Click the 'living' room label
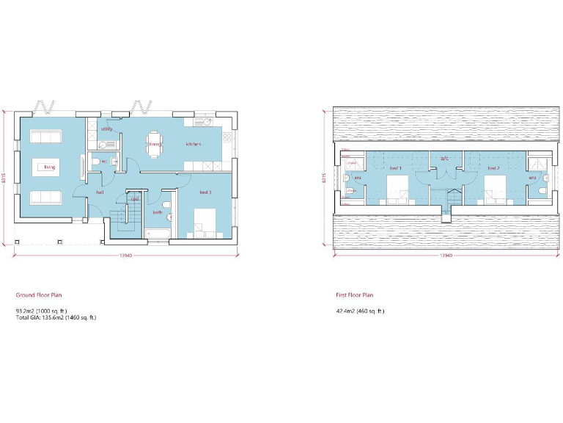point(49,167)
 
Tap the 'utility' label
point(107,129)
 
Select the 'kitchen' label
point(193,144)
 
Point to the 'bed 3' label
point(205,192)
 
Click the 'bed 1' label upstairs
point(396,167)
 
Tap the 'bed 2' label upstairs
point(493,167)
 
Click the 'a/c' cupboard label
point(444,159)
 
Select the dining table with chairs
point(154,140)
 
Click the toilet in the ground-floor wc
point(96,162)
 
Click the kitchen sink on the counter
point(203,121)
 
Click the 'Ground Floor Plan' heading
point(39,294)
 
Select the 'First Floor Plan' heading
point(355,294)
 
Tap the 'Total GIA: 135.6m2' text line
point(56,317)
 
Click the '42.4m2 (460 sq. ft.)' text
point(360,311)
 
